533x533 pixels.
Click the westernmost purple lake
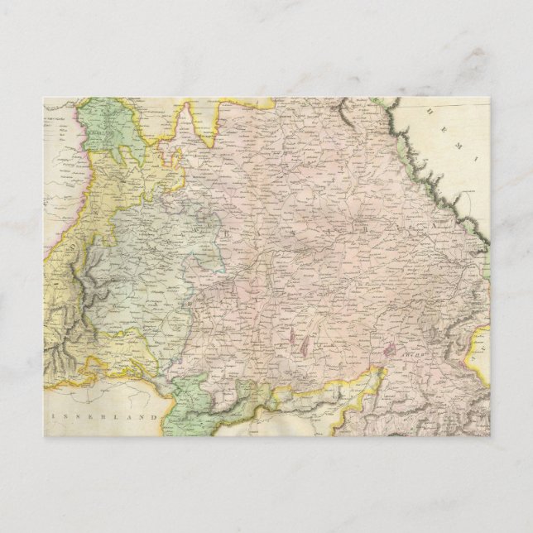pyautogui.click(x=295, y=336)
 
